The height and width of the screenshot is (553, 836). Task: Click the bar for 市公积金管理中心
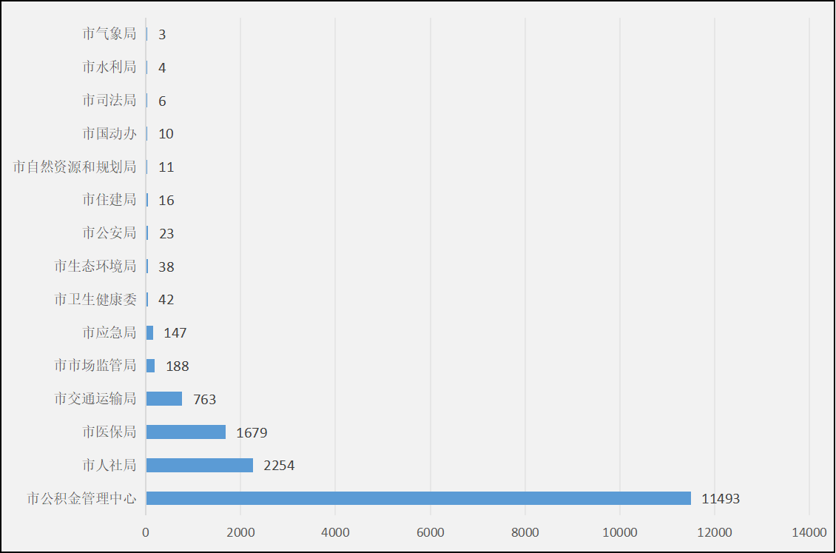(x=418, y=498)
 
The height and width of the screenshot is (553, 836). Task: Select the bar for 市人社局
(x=200, y=465)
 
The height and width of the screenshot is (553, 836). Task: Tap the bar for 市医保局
(x=186, y=432)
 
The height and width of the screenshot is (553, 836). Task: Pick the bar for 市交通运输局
(x=164, y=399)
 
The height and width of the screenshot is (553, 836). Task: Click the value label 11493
(x=721, y=499)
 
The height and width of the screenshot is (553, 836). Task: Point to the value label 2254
(x=279, y=466)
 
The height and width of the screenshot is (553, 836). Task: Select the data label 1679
(x=252, y=432)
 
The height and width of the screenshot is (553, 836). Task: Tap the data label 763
(x=204, y=400)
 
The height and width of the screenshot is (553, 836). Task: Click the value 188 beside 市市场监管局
(x=178, y=366)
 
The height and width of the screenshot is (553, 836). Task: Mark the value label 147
(x=175, y=333)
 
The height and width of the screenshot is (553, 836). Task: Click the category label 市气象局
(x=109, y=34)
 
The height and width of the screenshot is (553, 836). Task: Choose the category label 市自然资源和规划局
(x=75, y=167)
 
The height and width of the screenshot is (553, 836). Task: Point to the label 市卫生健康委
(x=95, y=300)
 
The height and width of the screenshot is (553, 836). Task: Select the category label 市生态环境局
(x=95, y=267)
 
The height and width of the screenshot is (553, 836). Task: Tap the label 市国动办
(x=109, y=134)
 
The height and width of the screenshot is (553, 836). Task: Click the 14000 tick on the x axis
(x=809, y=532)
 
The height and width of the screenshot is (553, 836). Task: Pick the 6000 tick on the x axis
(x=430, y=532)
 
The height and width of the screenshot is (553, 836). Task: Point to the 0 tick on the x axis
(x=146, y=532)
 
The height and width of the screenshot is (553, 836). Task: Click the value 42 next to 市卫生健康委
(x=166, y=300)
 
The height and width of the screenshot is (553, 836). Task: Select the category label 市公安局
(x=109, y=233)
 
